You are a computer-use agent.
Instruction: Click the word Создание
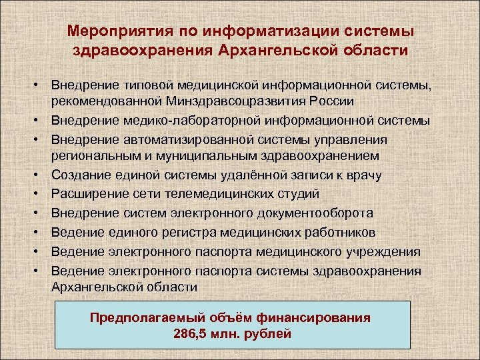coord(81,175)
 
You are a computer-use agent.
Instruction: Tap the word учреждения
coord(386,252)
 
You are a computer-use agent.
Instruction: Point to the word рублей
coord(268,333)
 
